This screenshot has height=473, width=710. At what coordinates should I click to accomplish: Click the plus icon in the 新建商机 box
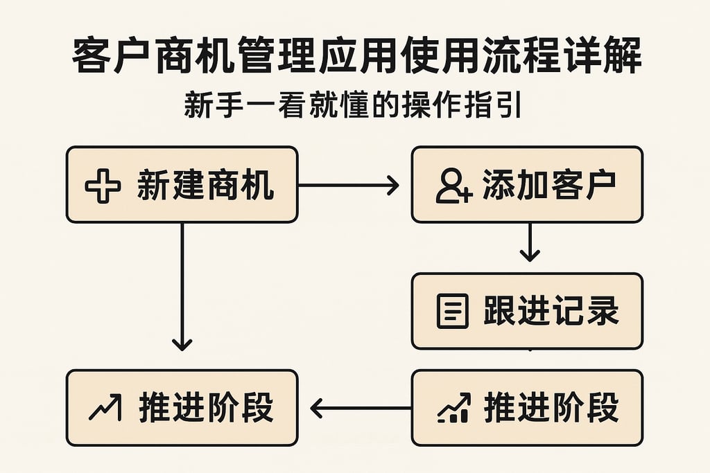(102, 186)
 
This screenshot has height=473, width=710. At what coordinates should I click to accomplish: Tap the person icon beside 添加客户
(454, 186)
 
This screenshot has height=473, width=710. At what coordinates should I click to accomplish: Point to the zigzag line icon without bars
(105, 407)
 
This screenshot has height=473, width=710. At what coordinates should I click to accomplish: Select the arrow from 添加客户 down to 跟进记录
(530, 242)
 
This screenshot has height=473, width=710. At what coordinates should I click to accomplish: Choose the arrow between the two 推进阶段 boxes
(360, 408)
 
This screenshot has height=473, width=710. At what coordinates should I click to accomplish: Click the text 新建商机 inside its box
(205, 186)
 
